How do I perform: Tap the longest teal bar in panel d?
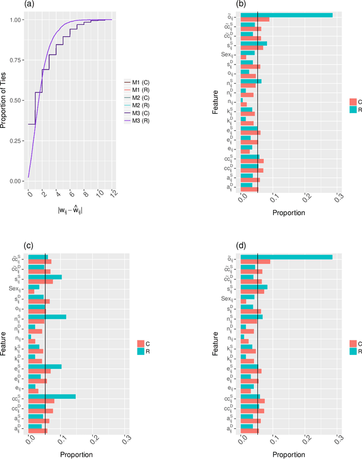[286, 257]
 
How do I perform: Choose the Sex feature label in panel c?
[17, 287]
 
